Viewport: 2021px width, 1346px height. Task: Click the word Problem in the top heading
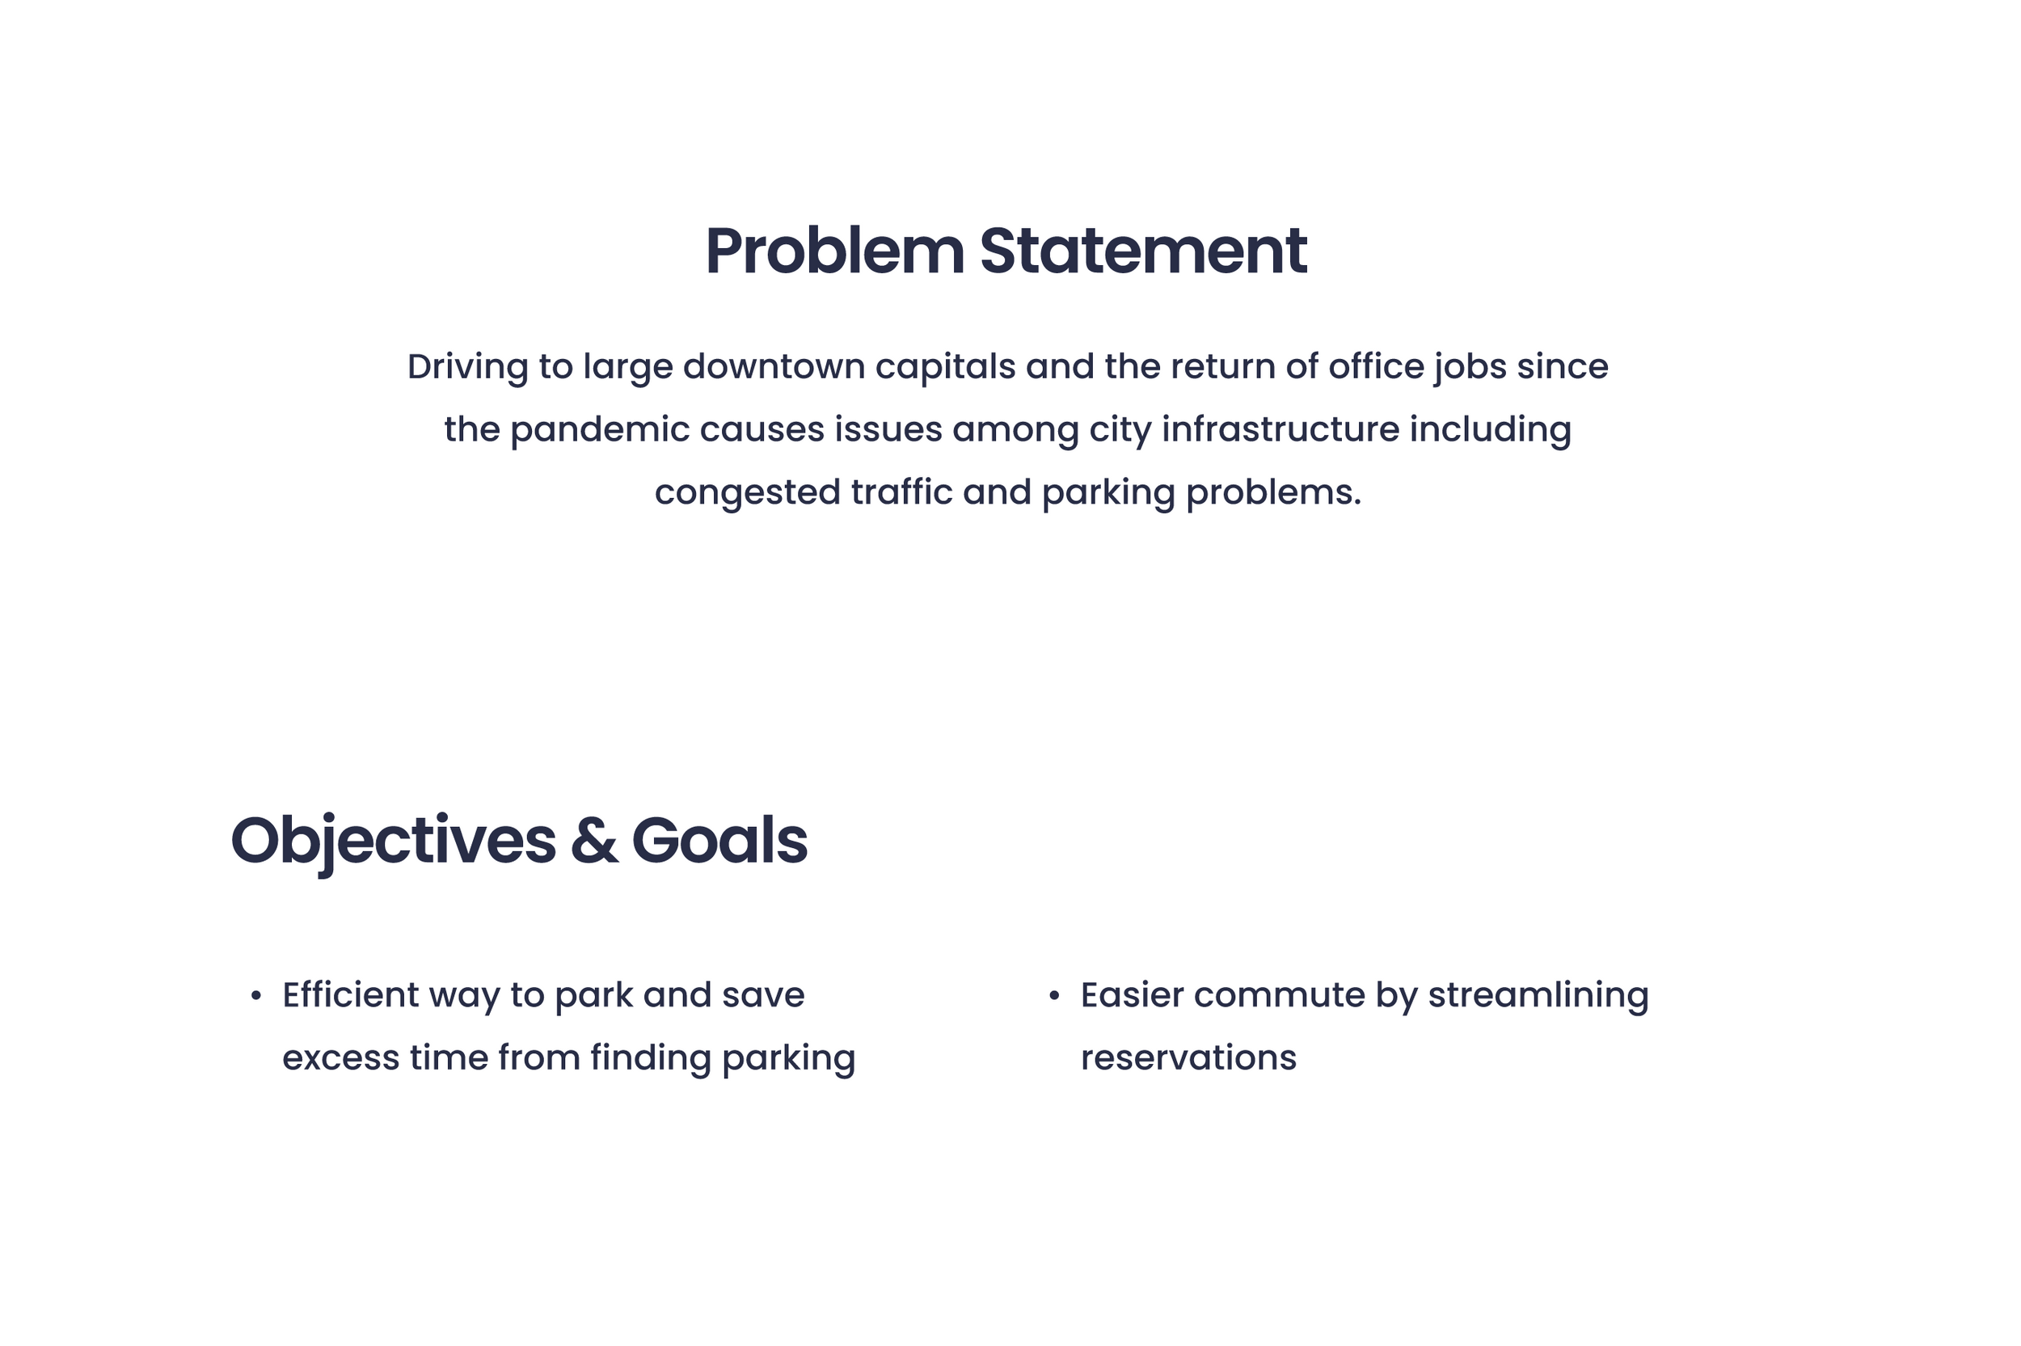point(835,251)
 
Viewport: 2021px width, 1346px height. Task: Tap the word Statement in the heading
point(1143,251)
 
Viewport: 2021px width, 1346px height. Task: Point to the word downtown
point(773,366)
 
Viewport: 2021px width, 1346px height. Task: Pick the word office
point(1374,366)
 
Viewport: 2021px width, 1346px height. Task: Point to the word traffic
point(901,492)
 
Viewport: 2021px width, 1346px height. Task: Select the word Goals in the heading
point(719,841)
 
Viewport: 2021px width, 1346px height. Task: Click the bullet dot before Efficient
point(255,996)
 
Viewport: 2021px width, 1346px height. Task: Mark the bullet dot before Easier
point(1054,996)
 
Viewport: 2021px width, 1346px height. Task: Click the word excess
point(340,1058)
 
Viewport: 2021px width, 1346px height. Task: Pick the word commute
point(1279,996)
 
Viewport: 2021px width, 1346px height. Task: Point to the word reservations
point(1188,1058)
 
